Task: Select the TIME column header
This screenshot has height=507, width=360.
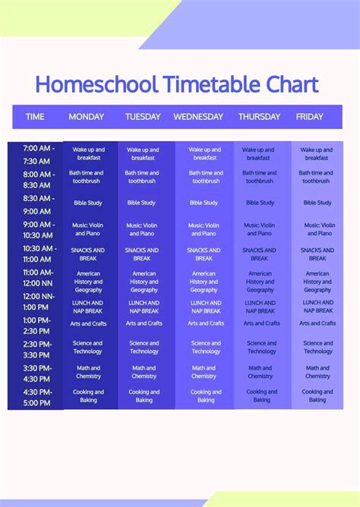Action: [36, 117]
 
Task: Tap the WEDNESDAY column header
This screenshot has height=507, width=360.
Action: [198, 117]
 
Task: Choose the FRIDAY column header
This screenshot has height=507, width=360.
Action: [309, 117]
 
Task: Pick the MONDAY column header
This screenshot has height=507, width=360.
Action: [87, 117]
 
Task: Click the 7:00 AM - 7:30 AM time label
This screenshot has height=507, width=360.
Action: [36, 155]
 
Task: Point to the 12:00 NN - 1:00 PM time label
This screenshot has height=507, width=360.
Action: [36, 302]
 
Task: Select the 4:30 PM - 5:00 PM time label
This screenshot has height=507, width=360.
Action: [36, 397]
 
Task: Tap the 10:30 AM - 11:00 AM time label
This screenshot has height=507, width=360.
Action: [36, 254]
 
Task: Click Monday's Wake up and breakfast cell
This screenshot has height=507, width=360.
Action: [89, 154]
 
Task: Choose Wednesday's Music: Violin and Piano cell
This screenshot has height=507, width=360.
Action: [204, 229]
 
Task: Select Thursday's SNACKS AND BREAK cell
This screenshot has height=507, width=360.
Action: [260, 254]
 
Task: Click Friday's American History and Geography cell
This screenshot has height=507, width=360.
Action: [317, 282]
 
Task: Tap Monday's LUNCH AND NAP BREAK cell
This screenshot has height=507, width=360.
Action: [89, 307]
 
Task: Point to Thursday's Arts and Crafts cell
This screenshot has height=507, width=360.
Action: [261, 323]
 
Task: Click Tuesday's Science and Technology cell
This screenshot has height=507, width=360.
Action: [144, 347]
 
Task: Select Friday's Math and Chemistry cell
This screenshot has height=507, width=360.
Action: [317, 372]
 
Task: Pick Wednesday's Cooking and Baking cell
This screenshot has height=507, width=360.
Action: [206, 396]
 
